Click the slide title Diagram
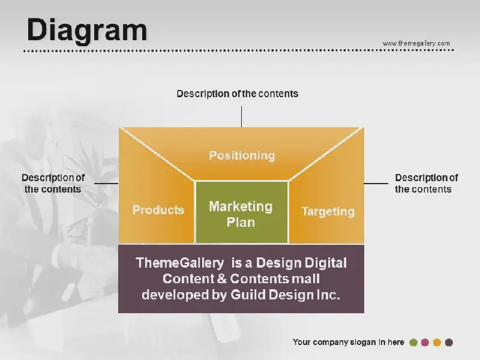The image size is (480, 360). [x=87, y=31]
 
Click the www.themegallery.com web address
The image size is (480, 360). [x=416, y=43]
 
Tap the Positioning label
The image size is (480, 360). [x=242, y=156]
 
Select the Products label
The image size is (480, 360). [x=158, y=210]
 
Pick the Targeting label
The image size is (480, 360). [x=328, y=212]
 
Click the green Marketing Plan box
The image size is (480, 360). [x=242, y=212]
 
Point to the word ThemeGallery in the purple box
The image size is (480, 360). [x=179, y=263]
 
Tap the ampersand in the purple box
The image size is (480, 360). [x=222, y=279]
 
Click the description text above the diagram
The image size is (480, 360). [x=237, y=94]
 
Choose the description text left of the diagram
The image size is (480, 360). [x=53, y=184]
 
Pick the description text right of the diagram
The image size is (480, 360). [x=427, y=184]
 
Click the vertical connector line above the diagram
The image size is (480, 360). [x=242, y=116]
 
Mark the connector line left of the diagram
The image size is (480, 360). [x=106, y=184]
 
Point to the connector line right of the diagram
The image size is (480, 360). [x=376, y=184]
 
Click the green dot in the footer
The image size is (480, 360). [x=413, y=343]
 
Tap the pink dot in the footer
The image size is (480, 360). [x=425, y=343]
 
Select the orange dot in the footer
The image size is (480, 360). [x=437, y=343]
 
